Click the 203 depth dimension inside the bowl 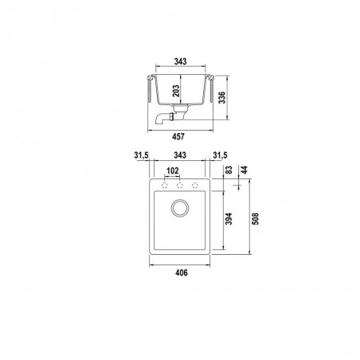[x=176, y=91]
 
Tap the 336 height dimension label [x=221, y=97]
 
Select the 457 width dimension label [x=178, y=136]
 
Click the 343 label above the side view [x=180, y=61]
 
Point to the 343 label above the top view [x=180, y=155]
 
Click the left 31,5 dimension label [x=141, y=155]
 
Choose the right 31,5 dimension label [x=220, y=155]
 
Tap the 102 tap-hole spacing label [x=172, y=170]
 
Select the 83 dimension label [x=229, y=170]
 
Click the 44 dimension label [x=244, y=170]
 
